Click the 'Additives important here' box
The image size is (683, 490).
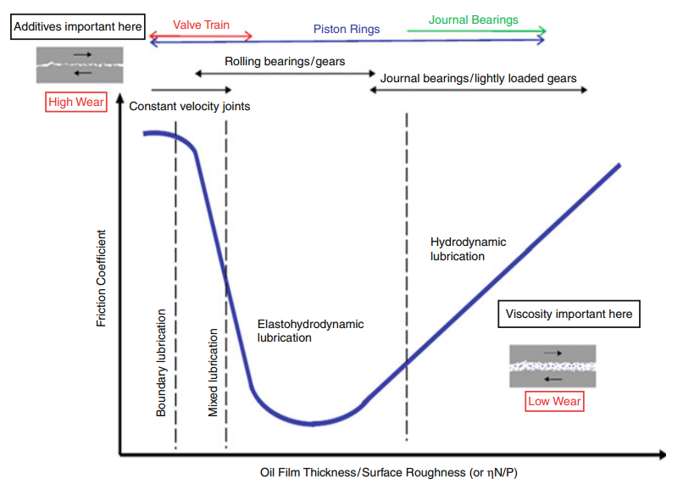[x=78, y=27]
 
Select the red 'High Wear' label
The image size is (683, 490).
[x=76, y=103]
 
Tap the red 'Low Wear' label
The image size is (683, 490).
[x=554, y=401]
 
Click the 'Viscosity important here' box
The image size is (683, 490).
[x=569, y=314]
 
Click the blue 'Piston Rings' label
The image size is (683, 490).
[x=347, y=29]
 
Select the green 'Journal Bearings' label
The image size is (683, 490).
[x=473, y=19]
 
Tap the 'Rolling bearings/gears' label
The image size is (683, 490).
[x=285, y=61]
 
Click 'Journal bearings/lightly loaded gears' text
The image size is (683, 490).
[x=478, y=78]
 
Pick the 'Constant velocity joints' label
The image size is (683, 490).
[x=190, y=107]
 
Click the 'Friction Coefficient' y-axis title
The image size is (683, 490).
[x=102, y=279]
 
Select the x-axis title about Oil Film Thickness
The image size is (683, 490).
[x=389, y=472]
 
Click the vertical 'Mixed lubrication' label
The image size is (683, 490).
[x=213, y=372]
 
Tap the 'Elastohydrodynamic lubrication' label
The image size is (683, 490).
[x=310, y=331]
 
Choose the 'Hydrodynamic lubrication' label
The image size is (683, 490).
[x=468, y=248]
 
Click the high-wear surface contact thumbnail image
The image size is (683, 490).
[x=80, y=64]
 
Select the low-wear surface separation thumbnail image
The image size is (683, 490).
[x=552, y=366]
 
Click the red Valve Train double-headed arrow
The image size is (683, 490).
[x=201, y=36]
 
